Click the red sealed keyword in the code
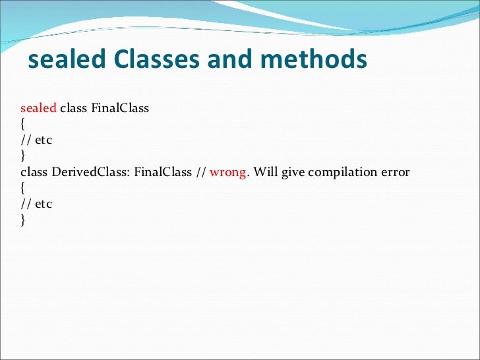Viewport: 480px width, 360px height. click(x=38, y=108)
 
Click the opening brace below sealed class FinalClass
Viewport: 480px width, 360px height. click(x=23, y=124)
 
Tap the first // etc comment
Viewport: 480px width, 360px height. click(x=36, y=140)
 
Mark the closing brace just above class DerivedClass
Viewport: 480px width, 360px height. click(x=23, y=156)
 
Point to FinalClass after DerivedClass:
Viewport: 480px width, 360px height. click(x=163, y=172)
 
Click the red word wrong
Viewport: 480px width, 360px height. click(x=228, y=172)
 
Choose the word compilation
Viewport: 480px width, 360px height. click(x=340, y=173)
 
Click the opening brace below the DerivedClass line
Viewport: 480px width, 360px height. click(x=23, y=188)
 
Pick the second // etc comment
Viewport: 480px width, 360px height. click(x=36, y=204)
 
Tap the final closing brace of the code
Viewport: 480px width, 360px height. click(x=23, y=220)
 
